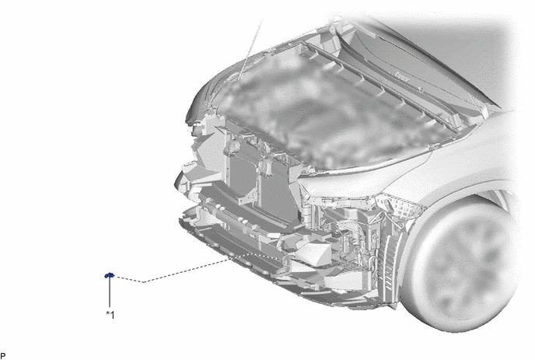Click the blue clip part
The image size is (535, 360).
(109, 275)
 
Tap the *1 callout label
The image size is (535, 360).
(110, 315)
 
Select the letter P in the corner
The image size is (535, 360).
(3, 356)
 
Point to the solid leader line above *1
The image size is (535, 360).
(110, 292)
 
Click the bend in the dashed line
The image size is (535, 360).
(143, 282)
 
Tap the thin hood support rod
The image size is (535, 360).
(250, 50)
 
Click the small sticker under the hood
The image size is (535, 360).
(403, 75)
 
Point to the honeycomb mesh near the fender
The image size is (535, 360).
(403, 204)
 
